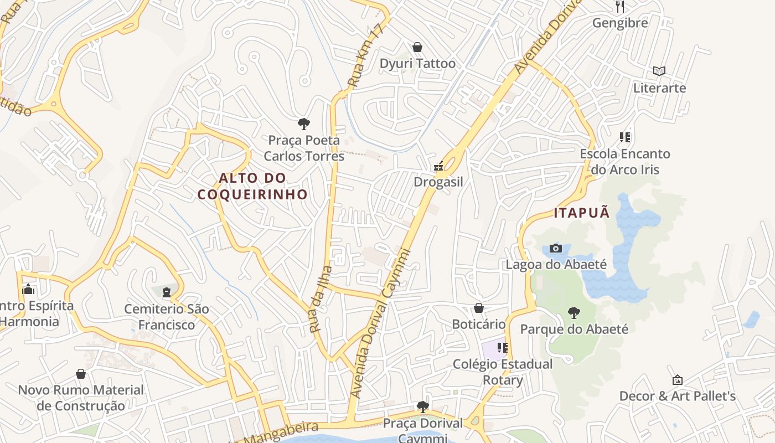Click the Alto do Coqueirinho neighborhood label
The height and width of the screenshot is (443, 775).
252,186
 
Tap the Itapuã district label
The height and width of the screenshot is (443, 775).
581,213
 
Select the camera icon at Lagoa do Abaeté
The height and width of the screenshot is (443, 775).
556,248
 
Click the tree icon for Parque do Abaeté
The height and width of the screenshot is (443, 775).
574,313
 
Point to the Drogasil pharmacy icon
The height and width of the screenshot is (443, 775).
438,166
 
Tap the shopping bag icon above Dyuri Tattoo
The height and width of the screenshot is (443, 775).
417,48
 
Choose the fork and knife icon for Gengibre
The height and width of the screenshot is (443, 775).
620,7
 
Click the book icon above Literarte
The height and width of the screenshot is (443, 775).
659,71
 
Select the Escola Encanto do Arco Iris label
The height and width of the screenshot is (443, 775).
625,162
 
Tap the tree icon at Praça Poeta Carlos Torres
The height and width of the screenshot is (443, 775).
303,124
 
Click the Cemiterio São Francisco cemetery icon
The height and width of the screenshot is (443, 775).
167,292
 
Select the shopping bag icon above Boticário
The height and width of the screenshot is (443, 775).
479,308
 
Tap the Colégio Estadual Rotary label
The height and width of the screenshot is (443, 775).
502,372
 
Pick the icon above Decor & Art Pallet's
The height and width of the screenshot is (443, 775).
677,380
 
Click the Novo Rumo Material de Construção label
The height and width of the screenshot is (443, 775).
81,398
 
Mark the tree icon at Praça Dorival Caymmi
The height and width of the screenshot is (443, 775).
423,407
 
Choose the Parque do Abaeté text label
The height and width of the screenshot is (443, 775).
574,329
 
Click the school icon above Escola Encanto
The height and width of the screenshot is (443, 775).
625,137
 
